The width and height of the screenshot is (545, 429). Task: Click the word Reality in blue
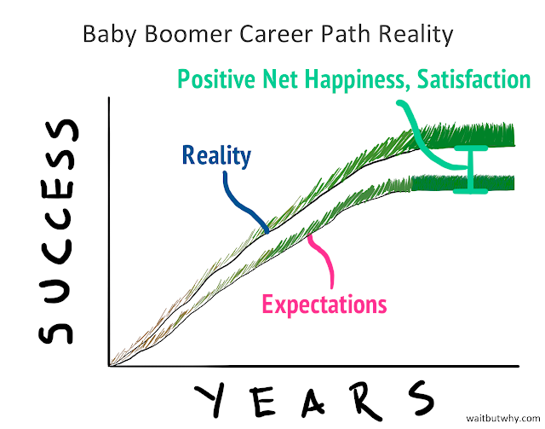tap(216, 156)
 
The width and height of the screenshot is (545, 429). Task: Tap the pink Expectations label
tap(324, 305)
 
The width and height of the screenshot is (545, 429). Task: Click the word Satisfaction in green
tap(473, 79)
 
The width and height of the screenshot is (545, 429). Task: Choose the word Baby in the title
tap(110, 35)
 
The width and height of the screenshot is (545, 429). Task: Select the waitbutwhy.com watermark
tap(502, 418)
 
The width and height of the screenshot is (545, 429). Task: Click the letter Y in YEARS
tap(209, 400)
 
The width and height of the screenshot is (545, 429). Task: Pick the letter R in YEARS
tap(364, 401)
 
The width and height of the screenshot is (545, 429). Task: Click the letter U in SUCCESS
tap(55, 293)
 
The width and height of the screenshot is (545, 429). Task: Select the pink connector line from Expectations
tap(326, 257)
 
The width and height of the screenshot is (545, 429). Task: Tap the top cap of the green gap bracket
tap(471, 148)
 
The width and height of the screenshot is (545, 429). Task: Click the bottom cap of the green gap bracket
tap(471, 191)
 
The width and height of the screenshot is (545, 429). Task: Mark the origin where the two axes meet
tap(110, 366)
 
